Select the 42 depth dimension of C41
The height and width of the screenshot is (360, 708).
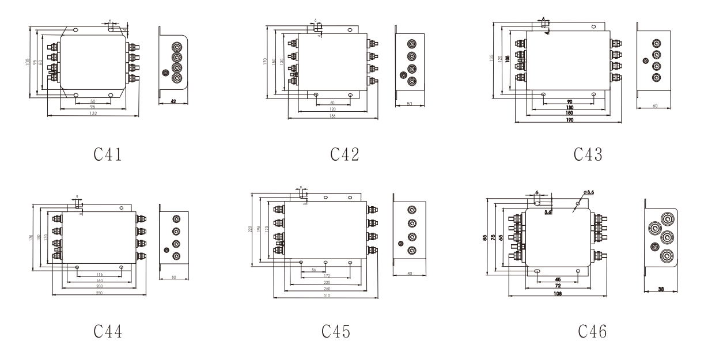[172, 101]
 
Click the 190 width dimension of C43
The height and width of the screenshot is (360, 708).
[569, 119]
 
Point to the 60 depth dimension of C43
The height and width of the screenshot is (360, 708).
[655, 106]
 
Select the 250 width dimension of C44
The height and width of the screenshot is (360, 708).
[99, 293]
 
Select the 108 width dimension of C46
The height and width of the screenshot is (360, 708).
[558, 294]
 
